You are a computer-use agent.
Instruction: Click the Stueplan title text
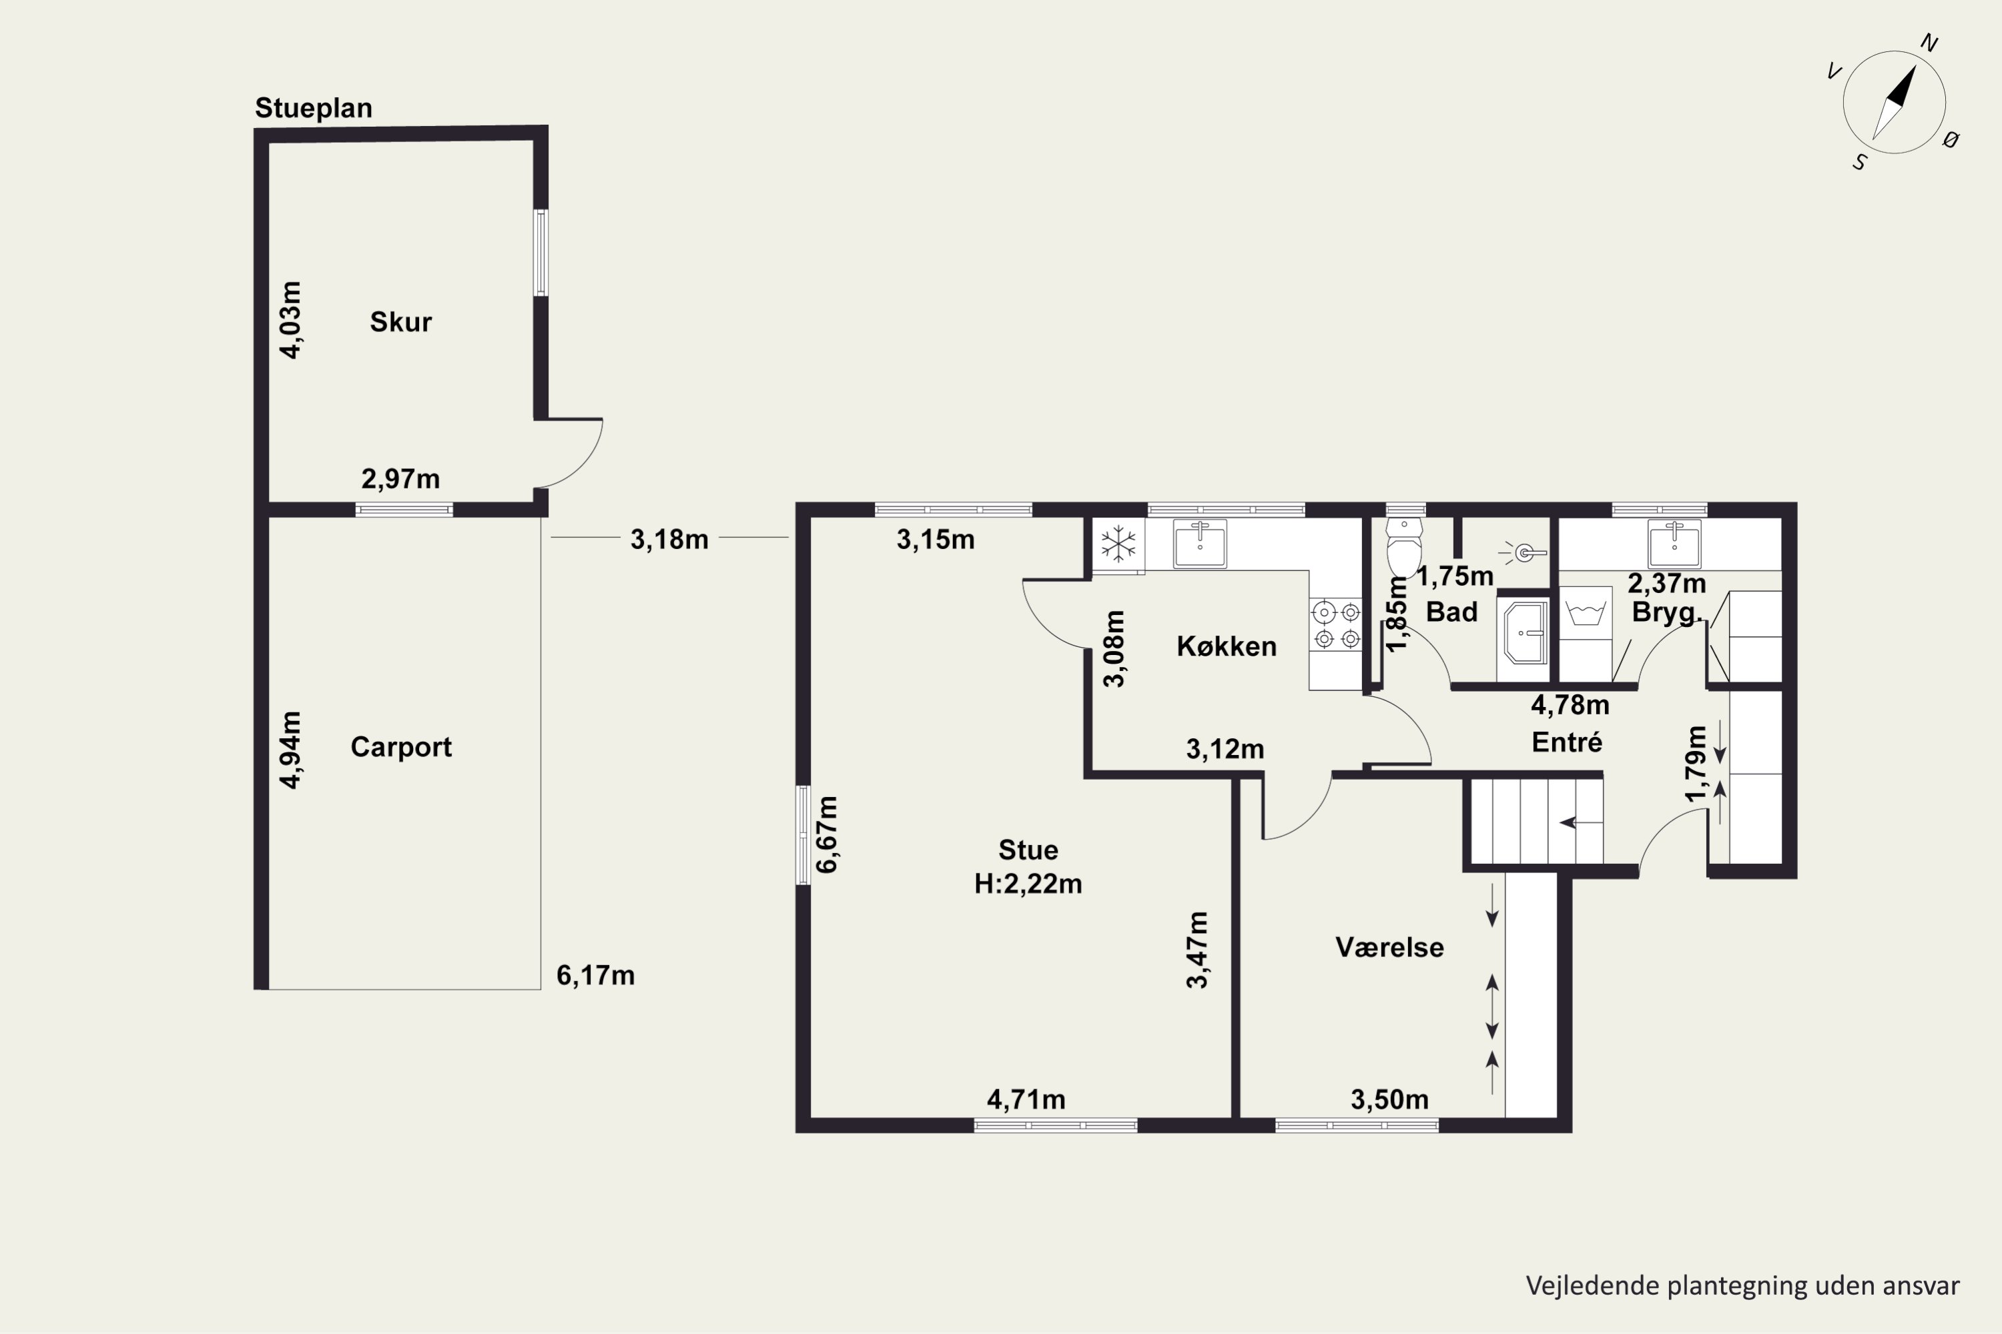click(313, 109)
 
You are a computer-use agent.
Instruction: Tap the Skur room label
click(400, 321)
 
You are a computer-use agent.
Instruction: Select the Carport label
click(401, 747)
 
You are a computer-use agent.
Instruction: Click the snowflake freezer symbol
click(1118, 544)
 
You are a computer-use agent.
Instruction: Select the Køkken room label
click(1227, 646)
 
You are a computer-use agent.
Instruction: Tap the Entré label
click(1567, 743)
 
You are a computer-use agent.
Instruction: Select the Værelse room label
click(1389, 948)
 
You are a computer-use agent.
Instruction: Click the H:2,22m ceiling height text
click(1028, 884)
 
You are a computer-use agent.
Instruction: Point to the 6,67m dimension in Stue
click(827, 834)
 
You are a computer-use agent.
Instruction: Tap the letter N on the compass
click(1930, 43)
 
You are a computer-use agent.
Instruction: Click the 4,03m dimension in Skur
click(291, 320)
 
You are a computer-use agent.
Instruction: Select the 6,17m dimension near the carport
click(595, 975)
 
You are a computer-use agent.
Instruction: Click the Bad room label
click(1451, 612)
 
